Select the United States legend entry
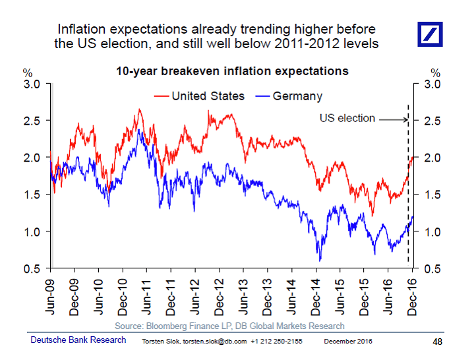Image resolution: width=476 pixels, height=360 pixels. tap(208, 96)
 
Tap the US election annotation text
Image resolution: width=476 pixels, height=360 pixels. tap(347, 119)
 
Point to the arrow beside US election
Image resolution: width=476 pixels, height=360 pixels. tap(392, 119)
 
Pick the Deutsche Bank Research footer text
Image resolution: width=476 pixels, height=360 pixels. tap(78, 340)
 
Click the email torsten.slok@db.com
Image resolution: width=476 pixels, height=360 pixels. tap(210, 342)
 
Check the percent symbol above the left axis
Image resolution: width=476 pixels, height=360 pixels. tap(28, 73)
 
